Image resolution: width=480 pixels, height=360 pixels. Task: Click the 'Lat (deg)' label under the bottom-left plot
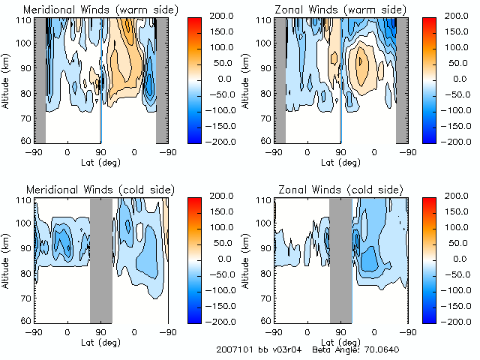point(100,341)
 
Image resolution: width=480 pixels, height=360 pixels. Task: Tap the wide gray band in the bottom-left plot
point(100,259)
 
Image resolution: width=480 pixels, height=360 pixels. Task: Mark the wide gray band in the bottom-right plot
point(340,259)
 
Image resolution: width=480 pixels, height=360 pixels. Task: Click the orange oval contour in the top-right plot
point(363,65)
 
